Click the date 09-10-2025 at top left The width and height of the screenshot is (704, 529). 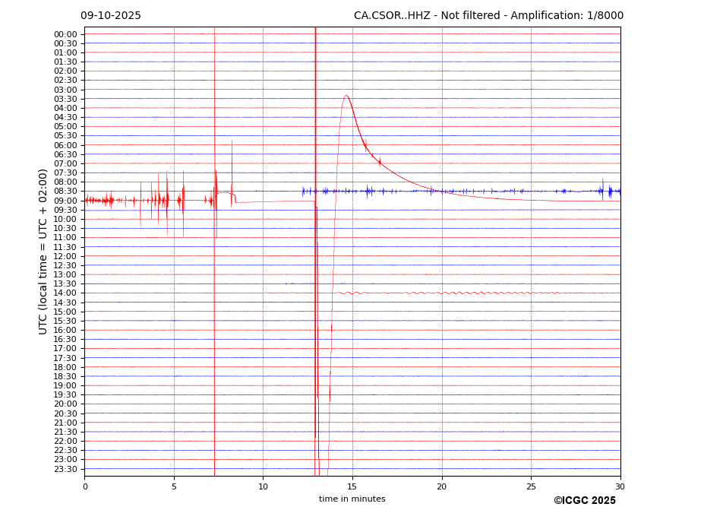[111, 16]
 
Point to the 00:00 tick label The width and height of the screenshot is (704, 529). [65, 34]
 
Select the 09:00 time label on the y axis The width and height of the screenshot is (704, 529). [65, 201]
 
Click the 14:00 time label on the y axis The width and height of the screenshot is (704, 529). [65, 293]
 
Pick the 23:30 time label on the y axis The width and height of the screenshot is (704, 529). [65, 469]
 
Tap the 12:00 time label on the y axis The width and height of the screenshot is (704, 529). [65, 256]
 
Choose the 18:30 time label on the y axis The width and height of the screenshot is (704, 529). [65, 376]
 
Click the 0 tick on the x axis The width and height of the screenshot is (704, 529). [85, 486]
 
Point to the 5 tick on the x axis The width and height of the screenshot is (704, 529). [174, 486]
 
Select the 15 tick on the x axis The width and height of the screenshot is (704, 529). [352, 486]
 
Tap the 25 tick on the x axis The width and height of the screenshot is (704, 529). [531, 486]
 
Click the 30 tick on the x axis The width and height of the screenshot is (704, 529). [620, 486]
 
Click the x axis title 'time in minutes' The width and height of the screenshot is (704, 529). [352, 499]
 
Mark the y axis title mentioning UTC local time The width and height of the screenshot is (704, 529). [44, 252]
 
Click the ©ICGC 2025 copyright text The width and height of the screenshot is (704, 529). [585, 501]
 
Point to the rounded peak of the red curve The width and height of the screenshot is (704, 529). [346, 96]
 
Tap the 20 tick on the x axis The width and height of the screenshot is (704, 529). [442, 486]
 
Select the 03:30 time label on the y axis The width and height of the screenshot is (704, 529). [65, 99]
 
